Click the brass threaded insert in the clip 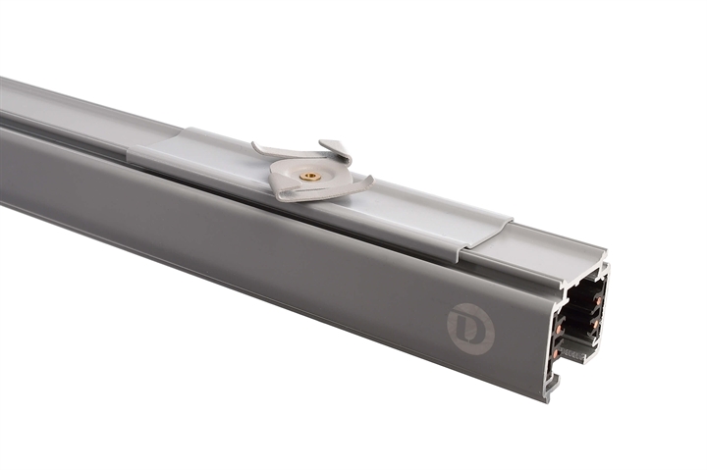click(x=310, y=177)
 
